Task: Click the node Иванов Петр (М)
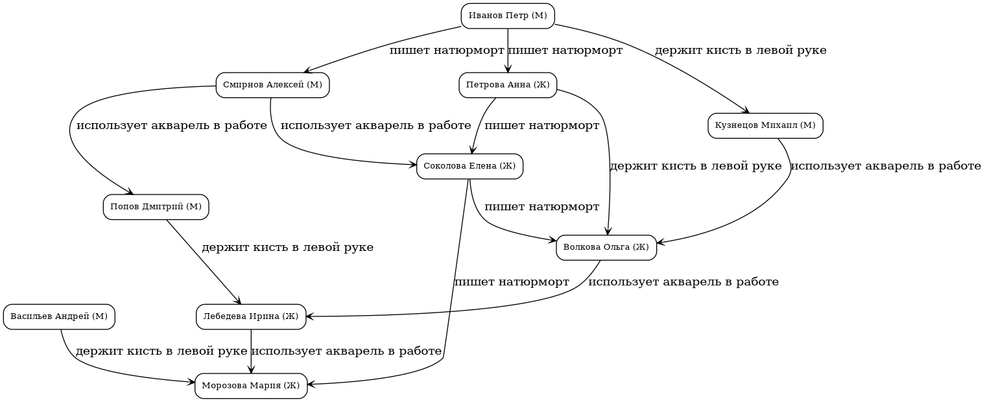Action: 508,16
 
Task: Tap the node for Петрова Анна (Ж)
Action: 508,85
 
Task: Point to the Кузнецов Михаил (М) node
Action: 765,125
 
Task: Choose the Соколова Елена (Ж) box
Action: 469,166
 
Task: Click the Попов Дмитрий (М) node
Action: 156,207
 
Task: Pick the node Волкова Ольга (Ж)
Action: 606,247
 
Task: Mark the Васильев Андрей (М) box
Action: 59,316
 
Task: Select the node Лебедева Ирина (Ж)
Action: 251,316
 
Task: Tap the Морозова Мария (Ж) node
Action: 251,386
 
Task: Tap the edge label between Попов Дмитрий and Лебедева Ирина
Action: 287,248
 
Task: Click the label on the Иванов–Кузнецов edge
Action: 740,51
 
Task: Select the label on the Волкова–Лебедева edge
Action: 683,282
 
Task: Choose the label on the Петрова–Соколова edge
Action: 541,126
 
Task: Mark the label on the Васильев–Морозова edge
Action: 161,351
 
